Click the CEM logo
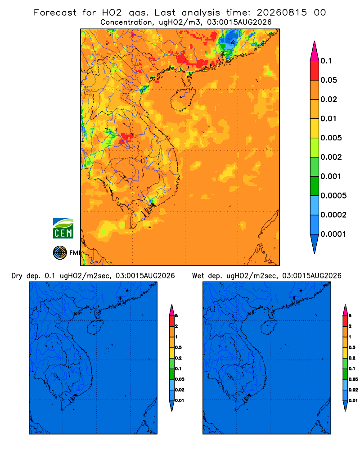coord(63,229)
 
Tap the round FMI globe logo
coord(60,253)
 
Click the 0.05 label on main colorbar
coord(328,80)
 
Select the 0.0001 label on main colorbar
coord(333,234)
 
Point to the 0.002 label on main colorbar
coord(331,157)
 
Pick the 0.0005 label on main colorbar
coord(333,196)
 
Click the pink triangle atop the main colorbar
coord(315,51)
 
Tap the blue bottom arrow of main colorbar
coord(315,243)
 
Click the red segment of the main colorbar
coord(315,70)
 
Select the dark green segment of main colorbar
coord(315,186)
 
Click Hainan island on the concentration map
coord(183,99)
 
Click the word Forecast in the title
coord(55,13)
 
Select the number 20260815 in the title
coord(282,13)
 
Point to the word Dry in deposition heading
coord(17,276)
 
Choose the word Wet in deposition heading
coord(198,275)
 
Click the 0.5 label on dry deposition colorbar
coord(178,347)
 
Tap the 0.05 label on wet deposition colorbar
coord(353,379)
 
